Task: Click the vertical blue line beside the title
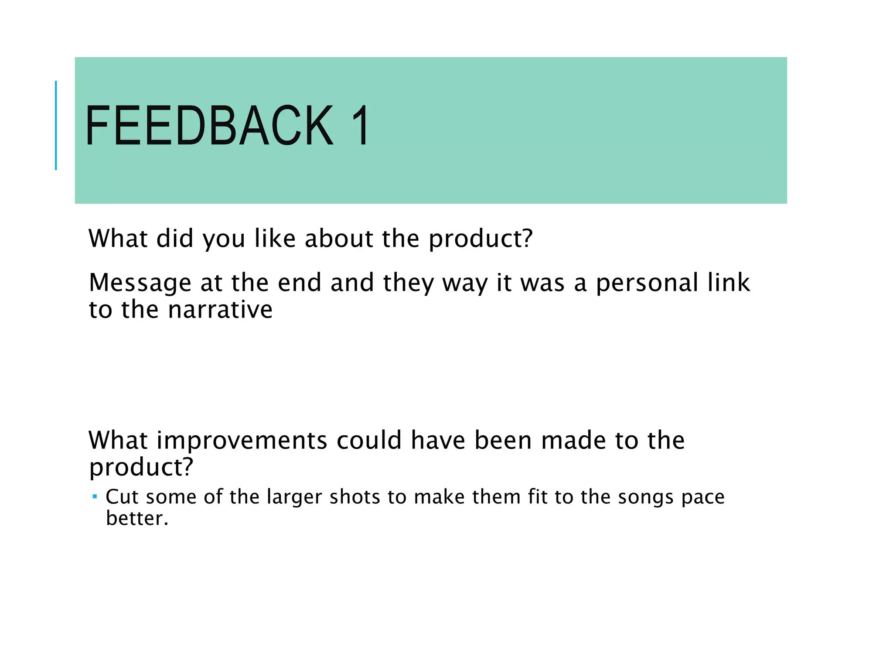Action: (x=56, y=125)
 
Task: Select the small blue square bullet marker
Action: (x=95, y=496)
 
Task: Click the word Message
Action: (x=140, y=283)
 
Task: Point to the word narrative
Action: (x=220, y=310)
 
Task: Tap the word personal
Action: (x=647, y=283)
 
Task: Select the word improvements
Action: (x=242, y=441)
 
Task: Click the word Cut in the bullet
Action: (x=122, y=497)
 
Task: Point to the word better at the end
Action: (x=136, y=519)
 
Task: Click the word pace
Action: (x=703, y=498)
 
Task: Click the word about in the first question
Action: (x=339, y=239)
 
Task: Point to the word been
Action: (x=503, y=440)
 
